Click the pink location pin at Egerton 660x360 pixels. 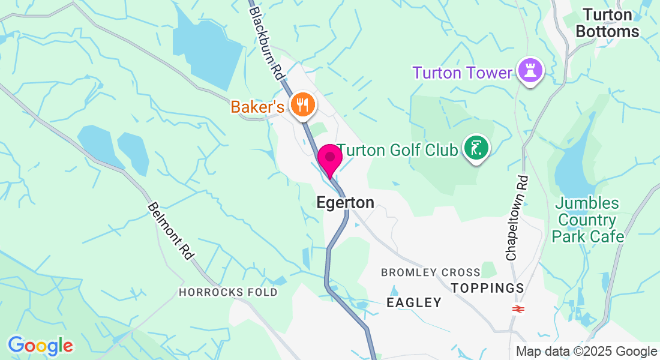click(x=329, y=159)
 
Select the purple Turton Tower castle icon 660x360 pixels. click(x=530, y=70)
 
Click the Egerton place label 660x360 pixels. click(x=345, y=203)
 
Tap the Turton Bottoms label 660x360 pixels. click(x=607, y=23)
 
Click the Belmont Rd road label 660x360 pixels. click(x=170, y=231)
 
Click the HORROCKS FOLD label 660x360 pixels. click(x=228, y=292)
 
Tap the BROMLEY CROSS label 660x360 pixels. click(x=431, y=272)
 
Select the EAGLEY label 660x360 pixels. click(x=414, y=302)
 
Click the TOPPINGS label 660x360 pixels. click(x=487, y=288)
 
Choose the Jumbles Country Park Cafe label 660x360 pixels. click(x=588, y=220)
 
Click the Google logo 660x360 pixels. click(x=40, y=345)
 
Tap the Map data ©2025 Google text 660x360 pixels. click(x=586, y=352)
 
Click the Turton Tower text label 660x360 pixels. click(x=461, y=73)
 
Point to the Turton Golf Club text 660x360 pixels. click(x=397, y=150)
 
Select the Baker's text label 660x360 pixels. click(x=257, y=107)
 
